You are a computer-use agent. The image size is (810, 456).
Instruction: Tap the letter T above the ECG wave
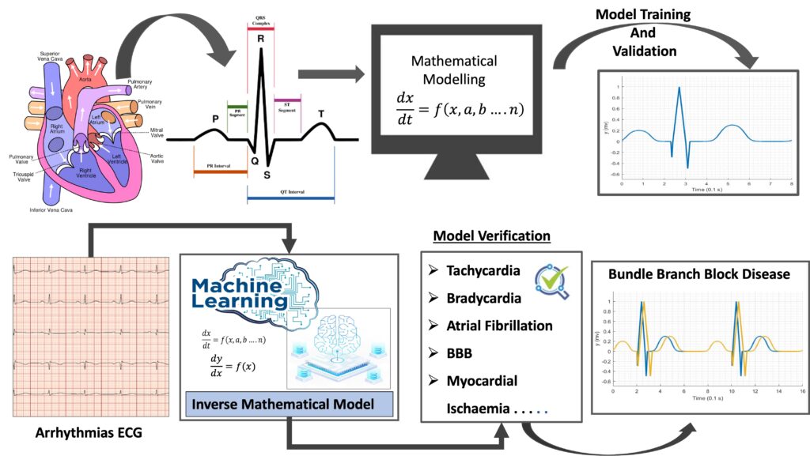click(x=321, y=114)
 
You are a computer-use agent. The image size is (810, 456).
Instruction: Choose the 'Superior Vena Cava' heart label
click(x=56, y=58)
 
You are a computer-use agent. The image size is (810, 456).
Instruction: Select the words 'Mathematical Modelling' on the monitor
click(x=454, y=70)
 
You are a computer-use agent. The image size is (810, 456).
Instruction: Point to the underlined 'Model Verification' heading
click(x=491, y=236)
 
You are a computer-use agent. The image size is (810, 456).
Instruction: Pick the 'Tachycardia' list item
click(x=483, y=270)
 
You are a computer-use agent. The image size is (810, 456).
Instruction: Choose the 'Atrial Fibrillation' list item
click(x=499, y=326)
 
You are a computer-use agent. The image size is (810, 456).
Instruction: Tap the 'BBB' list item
click(x=459, y=353)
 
